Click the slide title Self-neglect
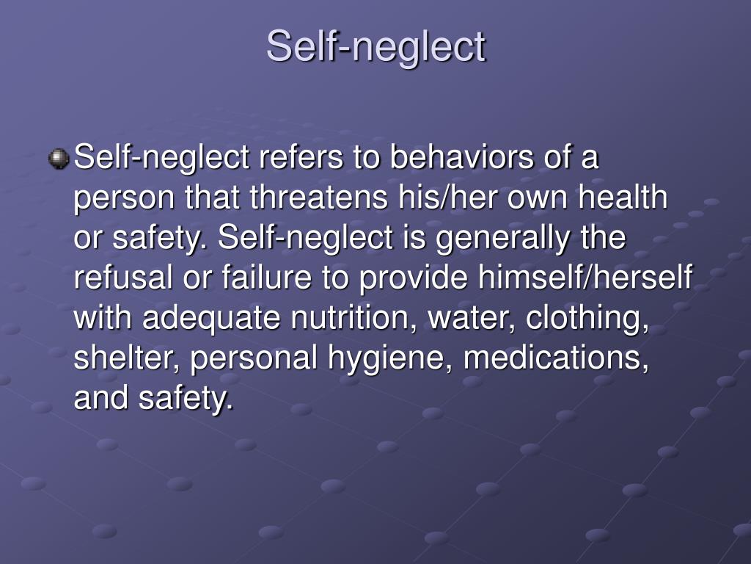[x=375, y=47]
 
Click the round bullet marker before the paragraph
[x=59, y=159]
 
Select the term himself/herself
[x=586, y=278]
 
